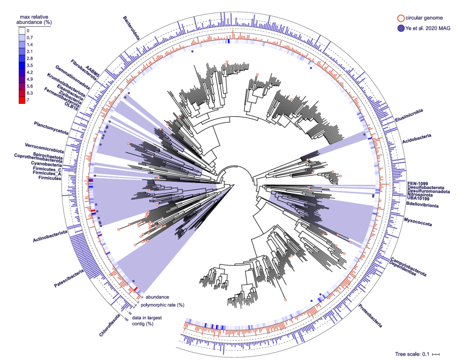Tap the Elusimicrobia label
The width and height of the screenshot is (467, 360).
click(409, 116)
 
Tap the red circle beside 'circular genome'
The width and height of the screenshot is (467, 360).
click(401, 18)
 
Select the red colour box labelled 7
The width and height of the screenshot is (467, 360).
click(22, 100)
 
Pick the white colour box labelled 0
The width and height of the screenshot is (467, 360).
click(22, 31)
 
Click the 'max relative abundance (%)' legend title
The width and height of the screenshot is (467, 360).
click(34, 19)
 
